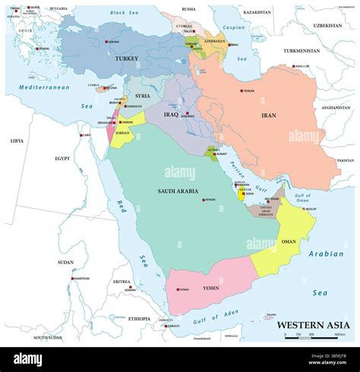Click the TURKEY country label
coord(125,58)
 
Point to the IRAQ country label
coord(170,114)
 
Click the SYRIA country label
coord(143,96)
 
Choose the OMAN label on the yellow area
coord(289,242)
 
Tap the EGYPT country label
coord(62,159)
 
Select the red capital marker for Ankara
coord(106,42)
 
